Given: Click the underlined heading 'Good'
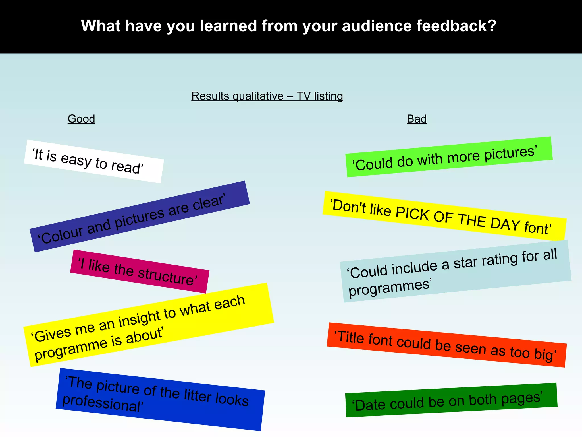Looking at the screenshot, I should coord(81,119).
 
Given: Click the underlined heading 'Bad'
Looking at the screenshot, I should coord(417,119).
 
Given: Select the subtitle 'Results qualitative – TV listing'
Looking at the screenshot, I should coord(267,96).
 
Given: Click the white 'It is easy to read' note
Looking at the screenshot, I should coord(93,161).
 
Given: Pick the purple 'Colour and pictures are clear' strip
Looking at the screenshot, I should coord(140,217).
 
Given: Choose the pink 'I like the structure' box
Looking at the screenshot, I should coord(140,271).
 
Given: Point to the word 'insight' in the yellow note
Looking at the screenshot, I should coord(140,319).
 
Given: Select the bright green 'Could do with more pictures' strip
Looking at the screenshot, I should coord(449,157).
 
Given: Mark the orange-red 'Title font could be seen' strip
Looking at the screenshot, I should coord(446,345).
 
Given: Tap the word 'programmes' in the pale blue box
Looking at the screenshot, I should coord(389,288).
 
